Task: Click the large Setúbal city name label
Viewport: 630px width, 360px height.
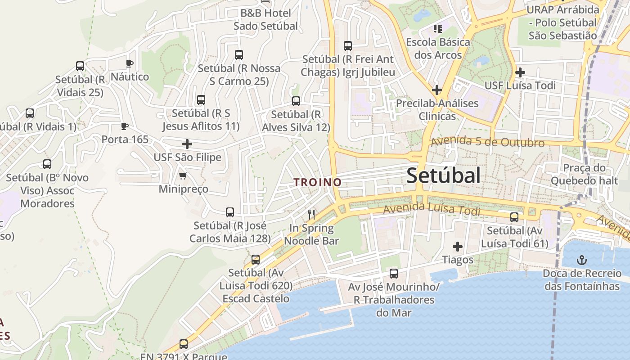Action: click(x=443, y=175)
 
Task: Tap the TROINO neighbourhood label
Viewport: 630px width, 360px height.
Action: click(x=317, y=182)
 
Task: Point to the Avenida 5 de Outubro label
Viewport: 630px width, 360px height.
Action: click(x=488, y=143)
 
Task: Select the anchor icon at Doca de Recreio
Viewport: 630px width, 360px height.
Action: click(x=582, y=260)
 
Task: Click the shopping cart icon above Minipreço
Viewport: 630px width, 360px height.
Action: click(x=183, y=175)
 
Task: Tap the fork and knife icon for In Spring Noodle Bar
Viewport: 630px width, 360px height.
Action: click(x=311, y=214)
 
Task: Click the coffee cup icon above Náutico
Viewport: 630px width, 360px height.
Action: click(x=130, y=63)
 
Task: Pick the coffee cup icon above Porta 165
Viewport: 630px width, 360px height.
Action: click(x=125, y=126)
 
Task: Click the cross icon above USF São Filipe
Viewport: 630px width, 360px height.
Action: click(x=187, y=144)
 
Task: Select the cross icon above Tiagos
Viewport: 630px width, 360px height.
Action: click(x=458, y=247)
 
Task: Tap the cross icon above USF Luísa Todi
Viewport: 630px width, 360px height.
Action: click(x=520, y=72)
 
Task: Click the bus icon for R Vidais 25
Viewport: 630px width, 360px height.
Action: click(x=80, y=66)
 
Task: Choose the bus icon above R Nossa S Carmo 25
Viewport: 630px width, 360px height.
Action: click(x=239, y=55)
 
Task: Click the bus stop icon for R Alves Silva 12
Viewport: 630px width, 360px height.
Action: click(x=296, y=101)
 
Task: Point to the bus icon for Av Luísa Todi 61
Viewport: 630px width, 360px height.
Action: click(x=514, y=217)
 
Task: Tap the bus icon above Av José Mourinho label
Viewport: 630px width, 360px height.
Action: click(x=394, y=273)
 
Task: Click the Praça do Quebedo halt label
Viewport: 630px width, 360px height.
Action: click(x=584, y=174)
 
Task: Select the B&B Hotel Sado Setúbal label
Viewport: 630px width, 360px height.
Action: click(x=265, y=19)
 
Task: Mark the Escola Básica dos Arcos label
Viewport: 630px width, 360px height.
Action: click(x=438, y=49)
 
